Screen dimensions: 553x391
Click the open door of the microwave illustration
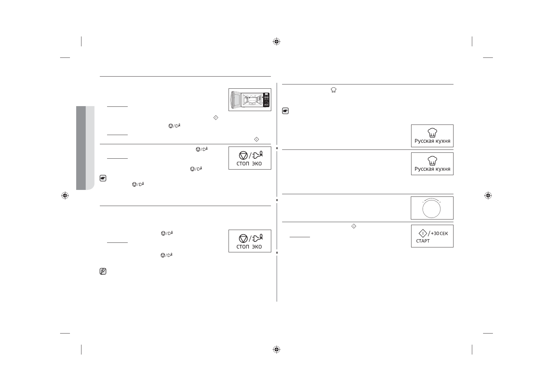(236, 100)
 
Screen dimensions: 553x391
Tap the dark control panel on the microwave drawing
(266, 100)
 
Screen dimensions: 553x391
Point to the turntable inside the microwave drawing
(251, 104)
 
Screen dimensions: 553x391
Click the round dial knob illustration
(432, 209)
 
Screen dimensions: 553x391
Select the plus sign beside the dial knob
(440, 202)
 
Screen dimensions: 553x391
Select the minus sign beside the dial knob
(423, 202)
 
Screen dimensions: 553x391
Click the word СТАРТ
(423, 241)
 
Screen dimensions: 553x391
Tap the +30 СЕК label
(439, 233)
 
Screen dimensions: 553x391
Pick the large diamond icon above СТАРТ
(423, 233)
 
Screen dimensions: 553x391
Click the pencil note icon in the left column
(103, 271)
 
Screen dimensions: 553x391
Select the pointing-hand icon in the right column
(285, 111)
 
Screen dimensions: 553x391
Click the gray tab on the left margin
(85, 148)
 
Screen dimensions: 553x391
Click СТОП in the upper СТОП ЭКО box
(243, 164)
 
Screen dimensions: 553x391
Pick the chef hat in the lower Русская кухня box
(432, 161)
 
